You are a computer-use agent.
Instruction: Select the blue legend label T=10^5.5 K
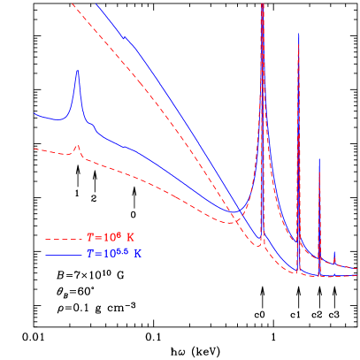[x=113, y=254]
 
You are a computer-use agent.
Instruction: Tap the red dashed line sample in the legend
[x=64, y=239]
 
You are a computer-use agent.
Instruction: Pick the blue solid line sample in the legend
[x=64, y=255]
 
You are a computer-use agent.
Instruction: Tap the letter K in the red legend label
[x=130, y=238]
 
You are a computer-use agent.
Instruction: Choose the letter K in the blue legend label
[x=137, y=254]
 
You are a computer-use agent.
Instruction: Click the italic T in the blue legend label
[x=88, y=254]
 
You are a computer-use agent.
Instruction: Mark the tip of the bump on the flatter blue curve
[x=78, y=71]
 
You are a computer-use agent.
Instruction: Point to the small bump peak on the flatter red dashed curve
[x=77, y=146]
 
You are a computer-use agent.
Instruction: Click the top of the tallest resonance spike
[x=263, y=4]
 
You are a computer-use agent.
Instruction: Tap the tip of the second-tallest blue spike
[x=299, y=34]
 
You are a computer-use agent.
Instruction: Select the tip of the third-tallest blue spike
[x=318, y=159]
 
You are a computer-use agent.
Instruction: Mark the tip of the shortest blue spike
[x=333, y=251]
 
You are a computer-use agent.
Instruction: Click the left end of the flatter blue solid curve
[x=34, y=114]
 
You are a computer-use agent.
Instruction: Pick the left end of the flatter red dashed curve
[x=34, y=149]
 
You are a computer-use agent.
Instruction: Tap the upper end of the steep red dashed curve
[x=72, y=4]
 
